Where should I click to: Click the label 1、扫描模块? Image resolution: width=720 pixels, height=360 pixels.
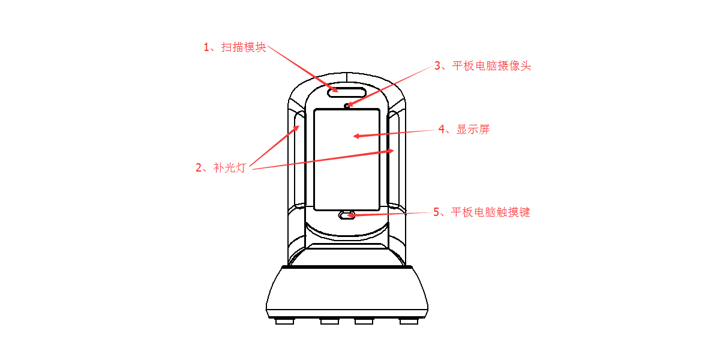235,47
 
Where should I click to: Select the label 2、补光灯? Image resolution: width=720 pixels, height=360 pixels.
221,168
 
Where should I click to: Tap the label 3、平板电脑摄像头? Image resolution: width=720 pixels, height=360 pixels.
482,66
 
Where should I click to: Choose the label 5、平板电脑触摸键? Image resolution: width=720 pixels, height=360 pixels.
482,212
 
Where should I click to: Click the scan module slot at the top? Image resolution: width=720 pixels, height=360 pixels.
347,91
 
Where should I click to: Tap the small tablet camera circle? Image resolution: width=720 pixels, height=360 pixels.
347,106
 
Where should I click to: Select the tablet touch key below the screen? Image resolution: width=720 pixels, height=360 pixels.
347,215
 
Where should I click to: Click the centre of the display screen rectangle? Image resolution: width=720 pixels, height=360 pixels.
347,159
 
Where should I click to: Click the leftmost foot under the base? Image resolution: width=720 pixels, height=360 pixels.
284,322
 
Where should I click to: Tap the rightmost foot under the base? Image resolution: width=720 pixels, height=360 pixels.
409,322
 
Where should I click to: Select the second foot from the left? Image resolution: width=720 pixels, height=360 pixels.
329,322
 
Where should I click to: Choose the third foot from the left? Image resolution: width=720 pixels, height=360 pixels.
364,322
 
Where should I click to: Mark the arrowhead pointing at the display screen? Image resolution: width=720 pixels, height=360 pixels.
356,136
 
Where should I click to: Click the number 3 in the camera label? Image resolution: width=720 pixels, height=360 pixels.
437,66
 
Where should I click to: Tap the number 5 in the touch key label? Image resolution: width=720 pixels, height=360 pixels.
437,212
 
